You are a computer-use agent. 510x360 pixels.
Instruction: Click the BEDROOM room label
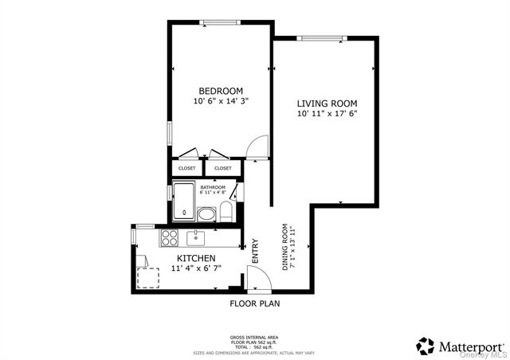point(221,91)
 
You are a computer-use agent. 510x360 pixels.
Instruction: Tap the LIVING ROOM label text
point(327,104)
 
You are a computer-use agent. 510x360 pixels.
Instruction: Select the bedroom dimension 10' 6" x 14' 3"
point(221,102)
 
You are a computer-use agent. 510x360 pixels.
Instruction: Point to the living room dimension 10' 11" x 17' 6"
point(327,114)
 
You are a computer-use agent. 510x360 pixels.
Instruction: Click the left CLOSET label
point(187,168)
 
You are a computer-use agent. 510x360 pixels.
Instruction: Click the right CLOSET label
point(223,168)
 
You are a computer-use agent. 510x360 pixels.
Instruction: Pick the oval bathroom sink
point(206,213)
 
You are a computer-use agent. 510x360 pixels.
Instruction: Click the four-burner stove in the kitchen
point(169,237)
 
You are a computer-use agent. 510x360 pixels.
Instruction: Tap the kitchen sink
point(195,237)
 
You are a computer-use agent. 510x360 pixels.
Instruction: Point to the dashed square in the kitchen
point(147,277)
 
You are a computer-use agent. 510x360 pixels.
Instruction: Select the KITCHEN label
point(196,259)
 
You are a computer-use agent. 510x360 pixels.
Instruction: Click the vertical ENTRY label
point(255,252)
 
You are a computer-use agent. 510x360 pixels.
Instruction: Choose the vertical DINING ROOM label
point(285,247)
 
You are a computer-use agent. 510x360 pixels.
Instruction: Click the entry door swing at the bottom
point(257,278)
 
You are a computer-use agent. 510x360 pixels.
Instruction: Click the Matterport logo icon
point(426,346)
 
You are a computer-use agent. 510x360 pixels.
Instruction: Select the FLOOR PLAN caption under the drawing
point(254,303)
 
